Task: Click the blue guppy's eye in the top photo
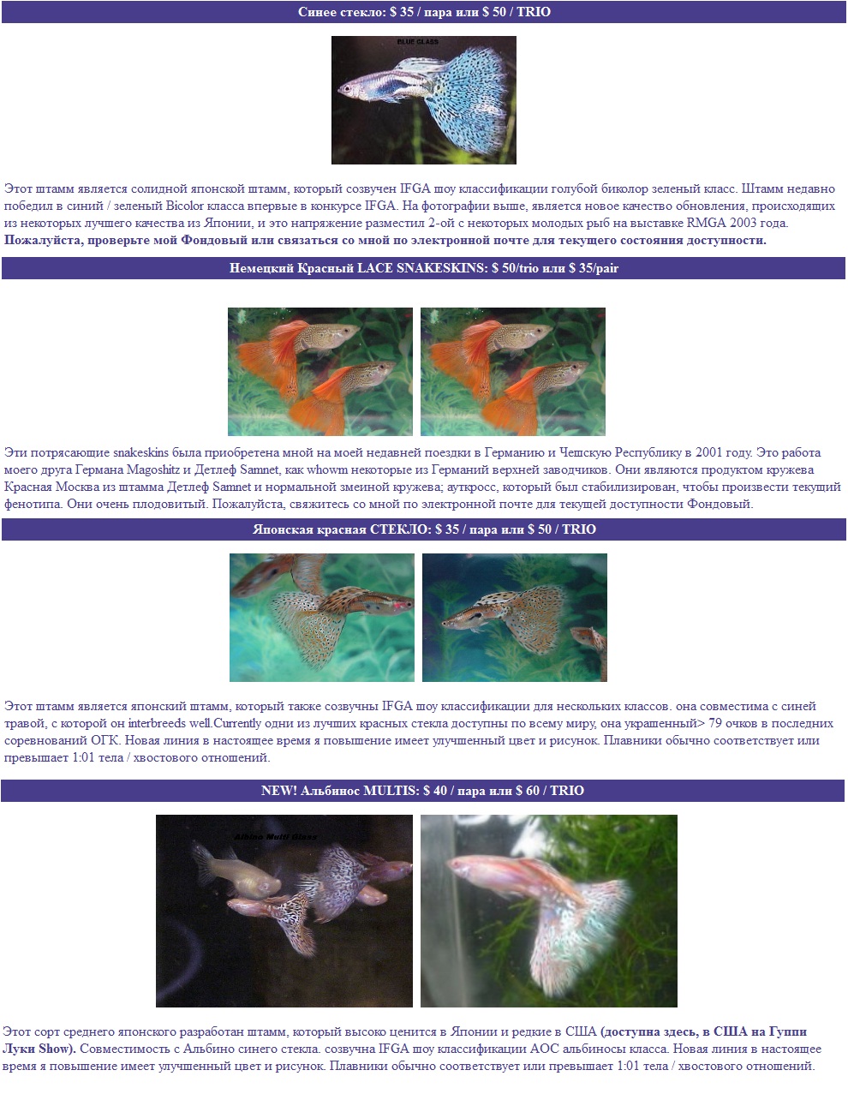coord(348,88)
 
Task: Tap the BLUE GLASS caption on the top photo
coord(418,42)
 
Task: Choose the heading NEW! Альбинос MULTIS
coord(340,791)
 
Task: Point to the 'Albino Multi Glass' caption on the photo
coord(275,837)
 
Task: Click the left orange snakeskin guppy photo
coord(320,372)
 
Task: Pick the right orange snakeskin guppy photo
coord(513,372)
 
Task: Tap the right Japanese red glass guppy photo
coord(514,618)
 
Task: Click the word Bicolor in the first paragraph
coord(185,206)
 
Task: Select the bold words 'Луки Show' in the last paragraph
coord(39,1049)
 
